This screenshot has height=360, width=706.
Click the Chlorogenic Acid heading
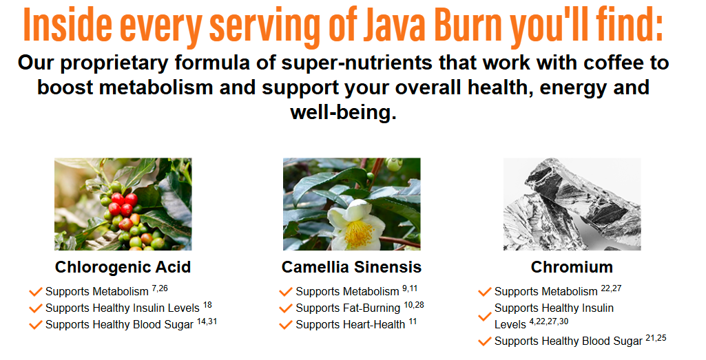(x=123, y=267)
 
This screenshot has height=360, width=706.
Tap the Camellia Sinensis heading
(x=351, y=267)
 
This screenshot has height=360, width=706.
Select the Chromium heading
(x=572, y=267)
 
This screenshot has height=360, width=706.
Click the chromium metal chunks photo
(x=572, y=204)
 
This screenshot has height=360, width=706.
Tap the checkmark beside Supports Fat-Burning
(x=286, y=308)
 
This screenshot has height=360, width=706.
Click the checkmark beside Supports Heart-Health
(x=286, y=325)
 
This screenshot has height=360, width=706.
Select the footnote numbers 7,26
(x=160, y=288)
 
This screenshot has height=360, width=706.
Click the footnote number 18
(x=207, y=305)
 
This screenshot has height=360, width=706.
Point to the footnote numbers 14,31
(x=207, y=321)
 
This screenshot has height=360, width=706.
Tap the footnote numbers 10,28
(x=414, y=305)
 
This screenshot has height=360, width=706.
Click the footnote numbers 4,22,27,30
(x=549, y=322)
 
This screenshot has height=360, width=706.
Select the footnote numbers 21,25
(x=656, y=338)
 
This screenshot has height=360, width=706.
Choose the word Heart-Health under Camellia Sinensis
(x=375, y=325)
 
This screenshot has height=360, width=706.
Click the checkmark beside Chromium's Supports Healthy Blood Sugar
(x=484, y=341)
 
